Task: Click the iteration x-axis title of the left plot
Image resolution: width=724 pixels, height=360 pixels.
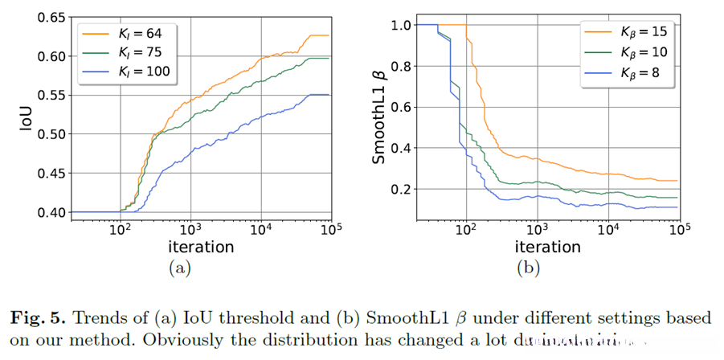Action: pyautogui.click(x=202, y=247)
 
